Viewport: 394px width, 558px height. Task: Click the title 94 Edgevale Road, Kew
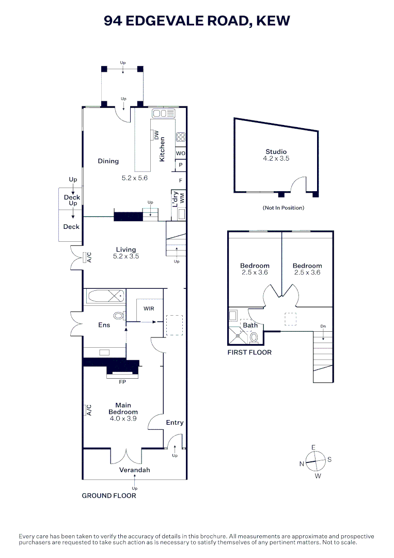tap(197, 21)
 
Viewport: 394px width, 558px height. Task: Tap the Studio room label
tap(276, 152)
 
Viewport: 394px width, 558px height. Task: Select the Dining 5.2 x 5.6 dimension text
tap(134, 178)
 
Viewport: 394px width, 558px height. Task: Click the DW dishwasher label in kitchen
tap(156, 135)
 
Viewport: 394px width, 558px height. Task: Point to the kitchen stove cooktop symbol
tap(181, 137)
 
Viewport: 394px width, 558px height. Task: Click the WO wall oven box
tap(180, 153)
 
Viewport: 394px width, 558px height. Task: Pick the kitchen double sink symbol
tap(164, 113)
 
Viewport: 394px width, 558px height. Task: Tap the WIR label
tap(149, 308)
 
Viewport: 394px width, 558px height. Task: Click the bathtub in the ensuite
tap(105, 297)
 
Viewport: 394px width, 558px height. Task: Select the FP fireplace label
tap(122, 383)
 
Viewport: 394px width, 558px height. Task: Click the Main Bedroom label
tap(123, 409)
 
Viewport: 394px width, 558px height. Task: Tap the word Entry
tap(175, 423)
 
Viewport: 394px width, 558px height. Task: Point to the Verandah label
tap(134, 470)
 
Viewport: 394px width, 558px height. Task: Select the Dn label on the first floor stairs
tap(323, 326)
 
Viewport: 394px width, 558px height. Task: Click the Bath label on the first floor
tap(250, 326)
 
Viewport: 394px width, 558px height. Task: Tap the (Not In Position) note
tap(283, 208)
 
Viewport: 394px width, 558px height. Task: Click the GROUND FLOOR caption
tap(109, 495)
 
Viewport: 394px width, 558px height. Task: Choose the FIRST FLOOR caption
tap(249, 352)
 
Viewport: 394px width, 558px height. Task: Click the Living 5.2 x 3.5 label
tap(126, 253)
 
